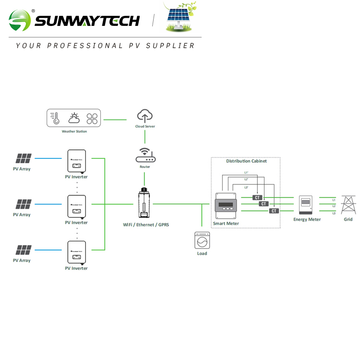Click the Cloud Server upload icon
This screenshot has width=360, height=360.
pos(145,116)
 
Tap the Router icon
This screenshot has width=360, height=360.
pos(145,155)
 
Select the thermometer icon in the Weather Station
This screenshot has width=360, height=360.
pos(56,119)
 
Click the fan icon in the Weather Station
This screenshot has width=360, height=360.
pos(92,119)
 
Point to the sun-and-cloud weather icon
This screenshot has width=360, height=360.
pos(74,118)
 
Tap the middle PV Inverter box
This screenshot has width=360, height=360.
pos(76,206)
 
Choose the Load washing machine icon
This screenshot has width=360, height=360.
pos(202,240)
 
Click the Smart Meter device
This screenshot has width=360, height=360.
pos(226,205)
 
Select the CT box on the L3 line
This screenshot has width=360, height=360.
pos(274,211)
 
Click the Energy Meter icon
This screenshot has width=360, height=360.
pos(306,205)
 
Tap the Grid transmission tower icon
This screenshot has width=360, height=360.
pos(348,205)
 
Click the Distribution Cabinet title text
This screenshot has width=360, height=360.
pos(246,161)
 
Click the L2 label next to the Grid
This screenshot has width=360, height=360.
pos(334,206)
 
